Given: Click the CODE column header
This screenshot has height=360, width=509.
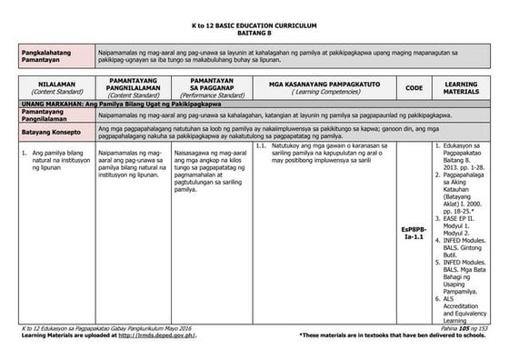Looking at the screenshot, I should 414,88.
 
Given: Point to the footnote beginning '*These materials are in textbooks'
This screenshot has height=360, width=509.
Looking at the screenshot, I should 392,336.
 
